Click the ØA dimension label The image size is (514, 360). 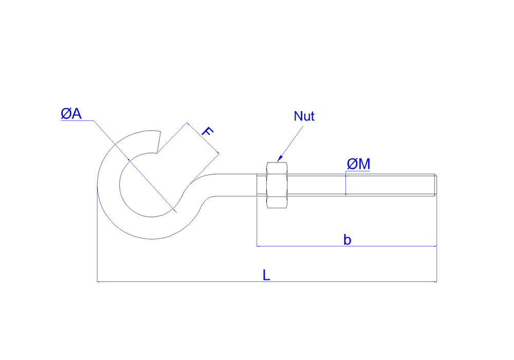coord(71,114)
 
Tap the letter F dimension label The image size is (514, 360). coord(206,132)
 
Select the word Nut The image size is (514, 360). coord(304,116)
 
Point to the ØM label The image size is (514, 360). coord(358,164)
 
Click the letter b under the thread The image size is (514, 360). coord(347,240)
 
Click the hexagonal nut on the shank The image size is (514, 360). coord(277,185)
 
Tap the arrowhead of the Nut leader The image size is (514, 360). coord(279,159)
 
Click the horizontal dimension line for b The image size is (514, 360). coord(308,246)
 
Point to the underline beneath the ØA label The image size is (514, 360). coord(77,121)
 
